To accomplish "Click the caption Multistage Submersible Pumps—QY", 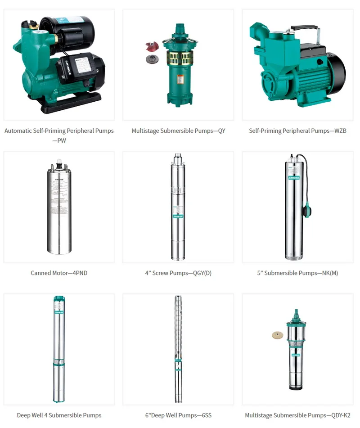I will (x=178, y=131).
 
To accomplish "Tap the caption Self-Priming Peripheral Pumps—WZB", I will (x=297, y=131).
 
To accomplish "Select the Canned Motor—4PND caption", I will (x=59, y=273).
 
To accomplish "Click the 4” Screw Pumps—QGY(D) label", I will (x=178, y=273).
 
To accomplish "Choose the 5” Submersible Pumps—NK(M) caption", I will (x=297, y=273).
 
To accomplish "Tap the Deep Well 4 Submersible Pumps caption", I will (x=59, y=415).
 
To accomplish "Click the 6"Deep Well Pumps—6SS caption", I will (x=178, y=415).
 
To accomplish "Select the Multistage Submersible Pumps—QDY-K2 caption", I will (x=297, y=415).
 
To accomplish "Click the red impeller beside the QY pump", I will (x=150, y=46).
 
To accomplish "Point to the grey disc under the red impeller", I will (x=150, y=59).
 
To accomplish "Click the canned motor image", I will (x=59, y=207).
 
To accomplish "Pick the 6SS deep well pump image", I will (x=178, y=349).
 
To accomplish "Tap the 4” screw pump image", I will (x=178, y=207).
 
